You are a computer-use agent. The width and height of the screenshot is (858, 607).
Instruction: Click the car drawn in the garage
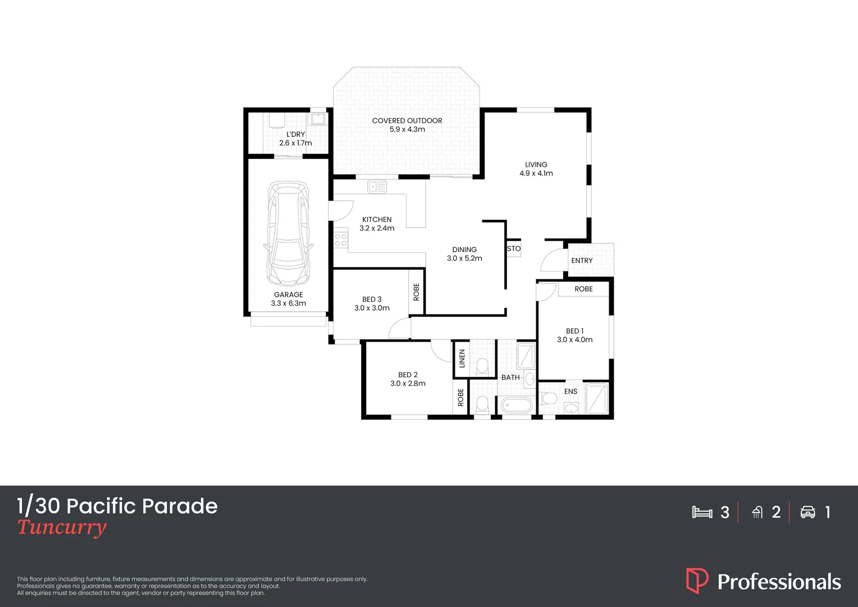click(288, 233)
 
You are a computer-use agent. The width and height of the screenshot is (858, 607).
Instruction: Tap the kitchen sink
click(377, 186)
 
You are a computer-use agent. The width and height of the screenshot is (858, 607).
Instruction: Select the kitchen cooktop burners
click(341, 241)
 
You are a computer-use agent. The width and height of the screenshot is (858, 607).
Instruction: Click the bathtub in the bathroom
click(516, 405)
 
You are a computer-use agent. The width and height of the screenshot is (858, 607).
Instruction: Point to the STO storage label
click(514, 248)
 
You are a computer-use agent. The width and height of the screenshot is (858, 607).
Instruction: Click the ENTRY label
click(582, 261)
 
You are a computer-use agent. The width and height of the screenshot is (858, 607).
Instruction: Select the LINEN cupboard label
click(462, 358)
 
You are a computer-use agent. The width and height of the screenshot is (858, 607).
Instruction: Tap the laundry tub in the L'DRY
click(318, 119)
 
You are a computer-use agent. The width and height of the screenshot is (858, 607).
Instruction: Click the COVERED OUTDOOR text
click(407, 121)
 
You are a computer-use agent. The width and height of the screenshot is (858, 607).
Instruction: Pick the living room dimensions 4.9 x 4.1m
click(536, 173)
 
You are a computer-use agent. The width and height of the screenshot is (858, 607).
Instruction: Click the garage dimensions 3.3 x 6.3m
click(289, 303)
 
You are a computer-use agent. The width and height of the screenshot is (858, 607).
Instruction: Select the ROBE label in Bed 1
click(583, 289)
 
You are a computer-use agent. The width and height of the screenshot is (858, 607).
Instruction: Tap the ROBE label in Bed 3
click(416, 292)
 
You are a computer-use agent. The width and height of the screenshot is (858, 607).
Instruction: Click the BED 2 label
click(408, 375)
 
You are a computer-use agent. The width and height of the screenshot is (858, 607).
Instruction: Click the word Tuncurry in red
click(62, 527)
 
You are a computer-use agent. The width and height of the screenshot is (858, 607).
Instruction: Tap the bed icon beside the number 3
click(702, 512)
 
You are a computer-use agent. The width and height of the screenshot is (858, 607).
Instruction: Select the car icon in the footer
click(807, 512)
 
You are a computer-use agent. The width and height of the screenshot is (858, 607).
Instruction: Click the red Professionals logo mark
click(697, 581)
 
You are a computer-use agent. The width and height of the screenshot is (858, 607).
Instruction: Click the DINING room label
click(464, 250)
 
